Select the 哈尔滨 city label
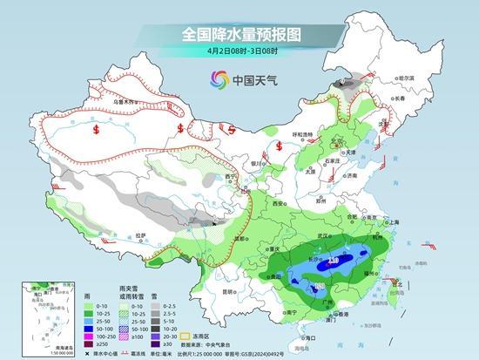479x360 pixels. coord(402,78)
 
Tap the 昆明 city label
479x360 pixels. coord(227,290)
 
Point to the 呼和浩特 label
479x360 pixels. coord(302,133)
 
